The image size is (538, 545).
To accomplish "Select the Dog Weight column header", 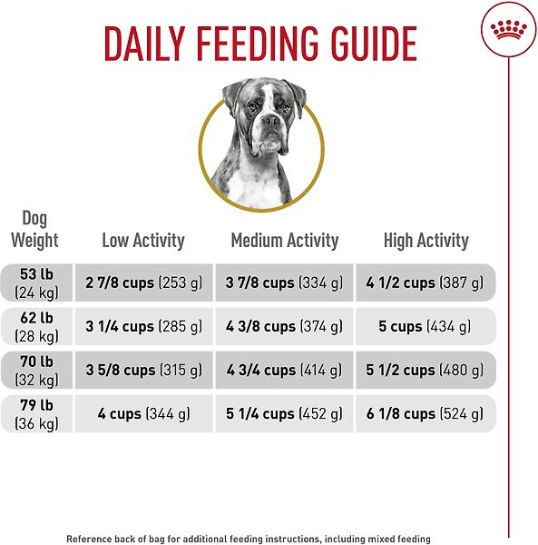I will (34, 230).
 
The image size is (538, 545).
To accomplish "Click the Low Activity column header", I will (142, 241).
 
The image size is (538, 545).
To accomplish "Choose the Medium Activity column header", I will (284, 241).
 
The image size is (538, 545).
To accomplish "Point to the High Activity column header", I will (426, 241).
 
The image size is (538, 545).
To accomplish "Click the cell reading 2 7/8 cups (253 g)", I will (143, 282).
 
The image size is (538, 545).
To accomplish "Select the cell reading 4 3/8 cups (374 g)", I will (284, 326).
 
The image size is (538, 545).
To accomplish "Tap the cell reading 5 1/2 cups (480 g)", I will (426, 370).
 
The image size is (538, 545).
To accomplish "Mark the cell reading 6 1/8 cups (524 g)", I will (426, 413).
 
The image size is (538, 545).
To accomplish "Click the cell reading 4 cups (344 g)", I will (143, 413).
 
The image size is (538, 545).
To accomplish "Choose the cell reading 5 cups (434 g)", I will (426, 326).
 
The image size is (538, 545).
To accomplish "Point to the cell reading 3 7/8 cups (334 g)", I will (284, 282).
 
